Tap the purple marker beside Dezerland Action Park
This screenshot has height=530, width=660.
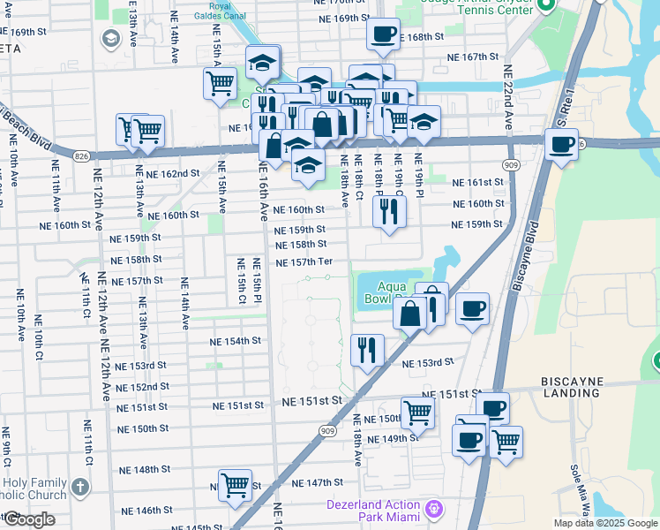coord(432,509)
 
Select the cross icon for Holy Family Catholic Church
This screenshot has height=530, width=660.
coord(80,487)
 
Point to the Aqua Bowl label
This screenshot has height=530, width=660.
coord(393,292)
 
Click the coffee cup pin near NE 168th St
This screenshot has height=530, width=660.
coord(383,34)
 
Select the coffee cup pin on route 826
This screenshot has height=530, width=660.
coord(561,145)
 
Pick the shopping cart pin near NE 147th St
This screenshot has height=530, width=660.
coord(236,485)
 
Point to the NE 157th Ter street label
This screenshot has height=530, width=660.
coord(304,262)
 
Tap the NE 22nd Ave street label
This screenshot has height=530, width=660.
coord(506,97)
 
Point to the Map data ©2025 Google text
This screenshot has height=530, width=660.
coord(604,523)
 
